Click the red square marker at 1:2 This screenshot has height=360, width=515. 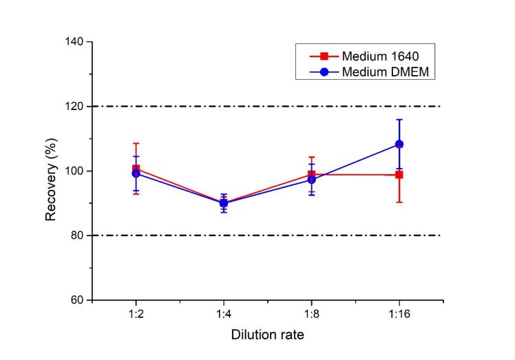(136, 169)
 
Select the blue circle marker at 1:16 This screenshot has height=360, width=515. (399, 144)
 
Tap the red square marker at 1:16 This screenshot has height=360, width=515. (399, 175)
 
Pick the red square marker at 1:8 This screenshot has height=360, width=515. (311, 174)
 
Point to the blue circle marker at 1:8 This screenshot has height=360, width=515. (311, 180)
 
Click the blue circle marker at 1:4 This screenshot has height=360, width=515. (224, 203)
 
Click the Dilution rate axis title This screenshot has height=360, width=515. (267, 335)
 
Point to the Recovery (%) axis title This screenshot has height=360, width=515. (51, 171)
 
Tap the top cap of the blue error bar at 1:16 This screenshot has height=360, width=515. (399, 120)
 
